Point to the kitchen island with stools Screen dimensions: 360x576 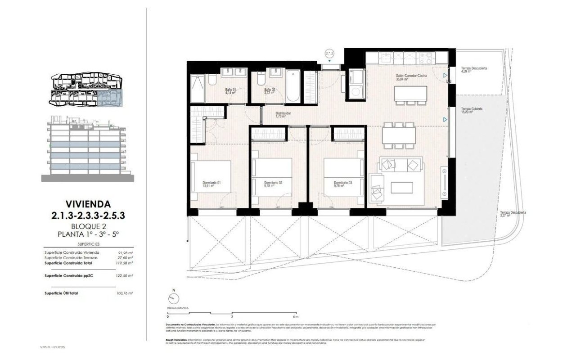click(410, 94)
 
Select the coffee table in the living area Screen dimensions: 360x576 click(401, 187)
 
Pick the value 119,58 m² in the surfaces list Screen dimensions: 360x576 click(125, 262)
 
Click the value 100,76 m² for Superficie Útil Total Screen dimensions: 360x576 click(125, 293)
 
